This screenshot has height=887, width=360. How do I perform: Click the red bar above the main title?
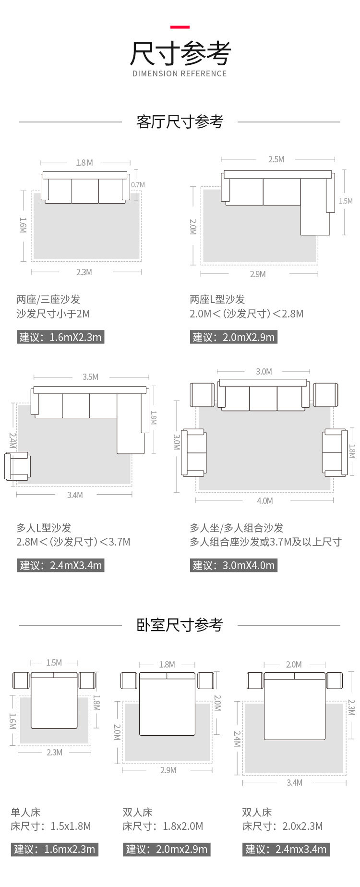180,27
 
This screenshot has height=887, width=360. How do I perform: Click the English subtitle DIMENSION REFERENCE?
180,73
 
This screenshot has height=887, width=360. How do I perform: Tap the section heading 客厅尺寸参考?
180,122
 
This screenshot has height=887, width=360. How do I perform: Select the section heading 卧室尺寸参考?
180,625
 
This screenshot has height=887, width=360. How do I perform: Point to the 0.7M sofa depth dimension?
138,184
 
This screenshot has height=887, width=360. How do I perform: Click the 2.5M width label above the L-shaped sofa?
276,159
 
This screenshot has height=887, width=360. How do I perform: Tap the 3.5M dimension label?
90,377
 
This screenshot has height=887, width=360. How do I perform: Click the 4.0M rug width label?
264,501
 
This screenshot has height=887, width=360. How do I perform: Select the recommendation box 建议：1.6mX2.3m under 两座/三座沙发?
60,337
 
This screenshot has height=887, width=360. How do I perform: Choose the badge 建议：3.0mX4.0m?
233,565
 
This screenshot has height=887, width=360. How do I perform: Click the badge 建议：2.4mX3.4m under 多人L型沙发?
60,565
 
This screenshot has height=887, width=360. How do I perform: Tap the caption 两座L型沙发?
217,300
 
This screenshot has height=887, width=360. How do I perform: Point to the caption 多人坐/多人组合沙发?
236,528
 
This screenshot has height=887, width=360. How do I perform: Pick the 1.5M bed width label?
54,663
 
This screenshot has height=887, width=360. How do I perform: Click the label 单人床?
25,812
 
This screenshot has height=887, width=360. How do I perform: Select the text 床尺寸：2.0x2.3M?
282,826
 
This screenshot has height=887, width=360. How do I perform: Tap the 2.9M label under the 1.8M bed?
168,770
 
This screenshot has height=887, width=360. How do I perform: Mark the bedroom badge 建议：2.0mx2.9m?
167,850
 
